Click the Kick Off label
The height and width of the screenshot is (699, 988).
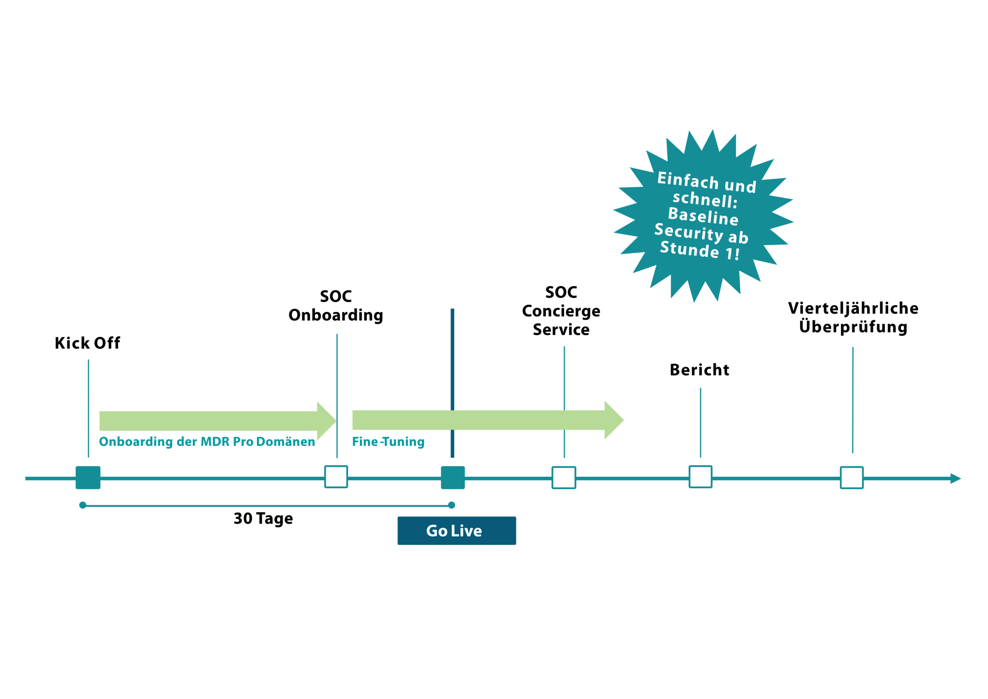coord(87,343)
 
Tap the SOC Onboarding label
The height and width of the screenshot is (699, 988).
coord(336,306)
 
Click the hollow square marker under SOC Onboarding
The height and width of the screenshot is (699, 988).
coord(336,477)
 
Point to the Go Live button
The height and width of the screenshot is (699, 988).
coord(457,531)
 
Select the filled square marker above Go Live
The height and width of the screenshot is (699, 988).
coord(453,478)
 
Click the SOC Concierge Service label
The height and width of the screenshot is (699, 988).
coord(561,311)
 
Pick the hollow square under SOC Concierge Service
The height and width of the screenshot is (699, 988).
coord(564,478)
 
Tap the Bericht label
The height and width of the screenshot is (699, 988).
coord(700,370)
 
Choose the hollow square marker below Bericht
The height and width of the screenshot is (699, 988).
coord(700,477)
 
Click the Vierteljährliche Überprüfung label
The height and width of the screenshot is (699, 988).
coord(853,318)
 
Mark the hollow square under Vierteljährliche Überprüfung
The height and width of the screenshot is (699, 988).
coord(852,478)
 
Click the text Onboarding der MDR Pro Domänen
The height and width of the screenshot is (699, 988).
coord(207,442)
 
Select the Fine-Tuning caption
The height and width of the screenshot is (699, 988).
coord(388,442)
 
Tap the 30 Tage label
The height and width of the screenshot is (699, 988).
coord(263,519)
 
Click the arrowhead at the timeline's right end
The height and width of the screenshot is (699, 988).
coord(955,479)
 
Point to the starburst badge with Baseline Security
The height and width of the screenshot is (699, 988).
coord(703,216)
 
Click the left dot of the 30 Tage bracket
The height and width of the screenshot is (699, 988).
coord(83,505)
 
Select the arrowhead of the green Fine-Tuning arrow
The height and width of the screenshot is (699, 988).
coord(614,420)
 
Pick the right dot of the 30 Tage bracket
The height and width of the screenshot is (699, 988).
coord(452,505)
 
